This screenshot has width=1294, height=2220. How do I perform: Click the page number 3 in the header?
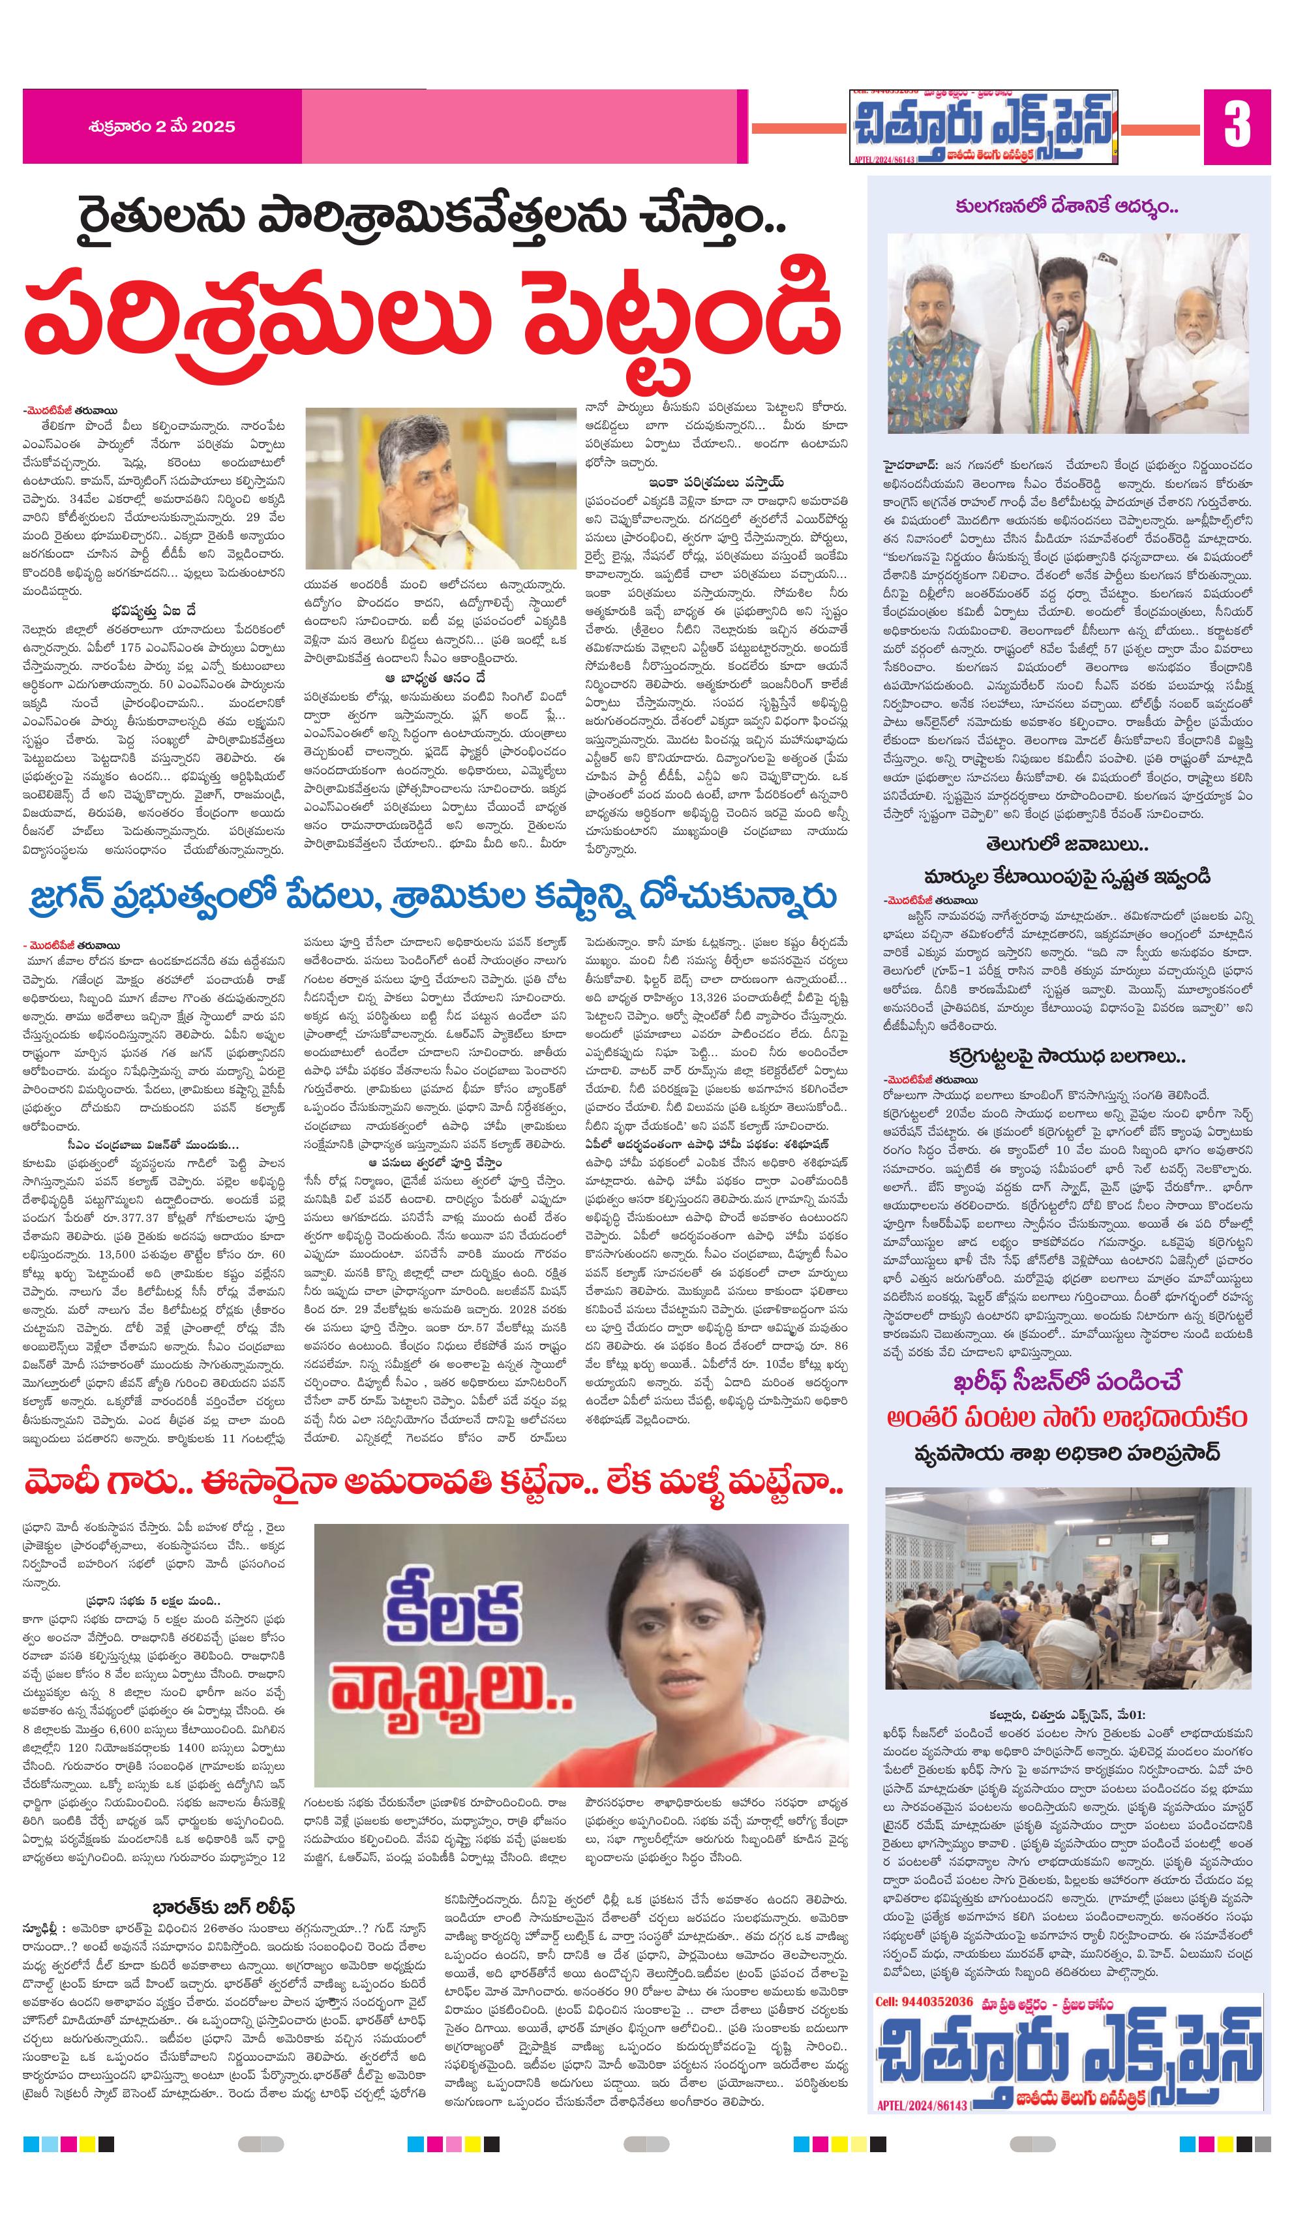point(1236,126)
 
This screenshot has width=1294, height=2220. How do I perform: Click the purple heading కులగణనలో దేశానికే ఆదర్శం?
point(1067,208)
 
